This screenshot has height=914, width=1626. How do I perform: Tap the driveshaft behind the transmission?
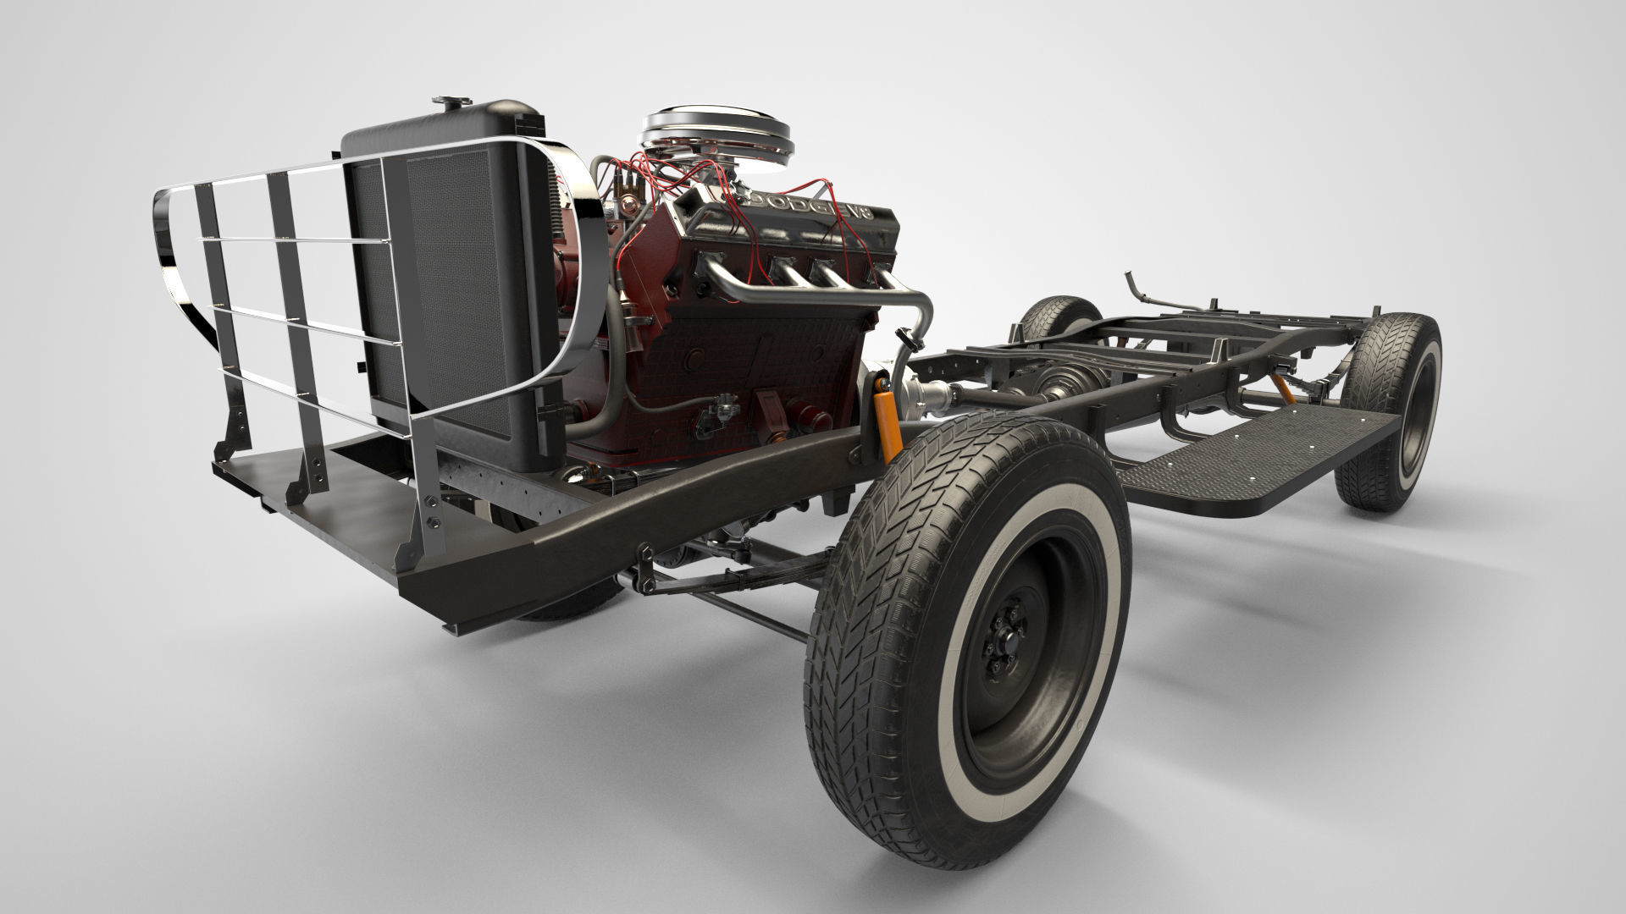(991, 394)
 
